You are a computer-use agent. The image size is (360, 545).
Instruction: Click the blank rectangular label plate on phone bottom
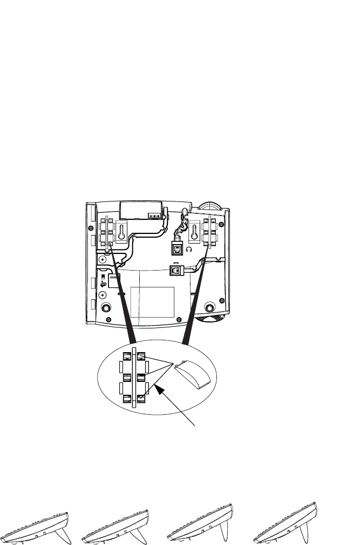(152, 302)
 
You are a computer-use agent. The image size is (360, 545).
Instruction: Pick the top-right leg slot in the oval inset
(141, 357)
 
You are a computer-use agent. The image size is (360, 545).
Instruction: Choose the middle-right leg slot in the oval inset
(141, 377)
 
